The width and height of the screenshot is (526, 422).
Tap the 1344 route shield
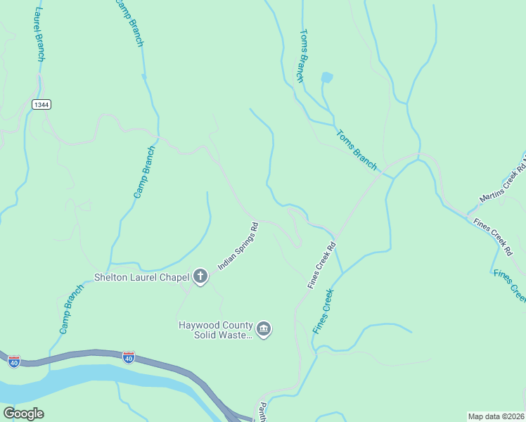point(41,104)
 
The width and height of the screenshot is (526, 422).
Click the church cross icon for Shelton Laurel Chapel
point(200,276)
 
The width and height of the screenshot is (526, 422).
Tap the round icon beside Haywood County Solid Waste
point(264,329)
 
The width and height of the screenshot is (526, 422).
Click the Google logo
point(23,414)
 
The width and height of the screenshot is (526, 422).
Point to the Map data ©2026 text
point(496,416)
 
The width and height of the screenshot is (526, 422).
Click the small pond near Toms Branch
point(326,77)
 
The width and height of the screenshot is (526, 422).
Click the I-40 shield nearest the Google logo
point(14,361)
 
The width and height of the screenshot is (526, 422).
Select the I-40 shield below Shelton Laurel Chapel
point(129,357)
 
